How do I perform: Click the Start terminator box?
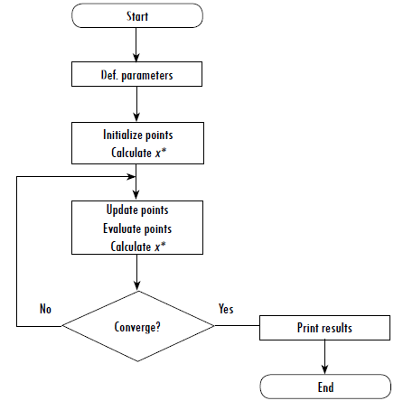[x=137, y=16]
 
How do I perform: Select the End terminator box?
[x=325, y=387]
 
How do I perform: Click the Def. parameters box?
[x=137, y=75]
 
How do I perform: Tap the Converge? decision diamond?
[x=138, y=325]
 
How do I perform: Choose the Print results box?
[x=324, y=328]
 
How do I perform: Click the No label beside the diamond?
[x=45, y=309]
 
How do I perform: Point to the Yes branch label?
[x=226, y=309]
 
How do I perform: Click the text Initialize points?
[x=137, y=135]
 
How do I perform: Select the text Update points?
[x=137, y=210]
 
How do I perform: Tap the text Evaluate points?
[x=137, y=228]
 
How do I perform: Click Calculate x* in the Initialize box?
[x=137, y=152]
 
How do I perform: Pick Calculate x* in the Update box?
[x=137, y=246]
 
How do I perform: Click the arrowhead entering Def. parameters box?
[x=136, y=59]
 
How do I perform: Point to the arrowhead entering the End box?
[x=324, y=370]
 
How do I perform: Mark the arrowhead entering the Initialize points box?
[x=136, y=117]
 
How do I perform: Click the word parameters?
[x=150, y=75]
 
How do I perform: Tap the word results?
[x=336, y=328]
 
